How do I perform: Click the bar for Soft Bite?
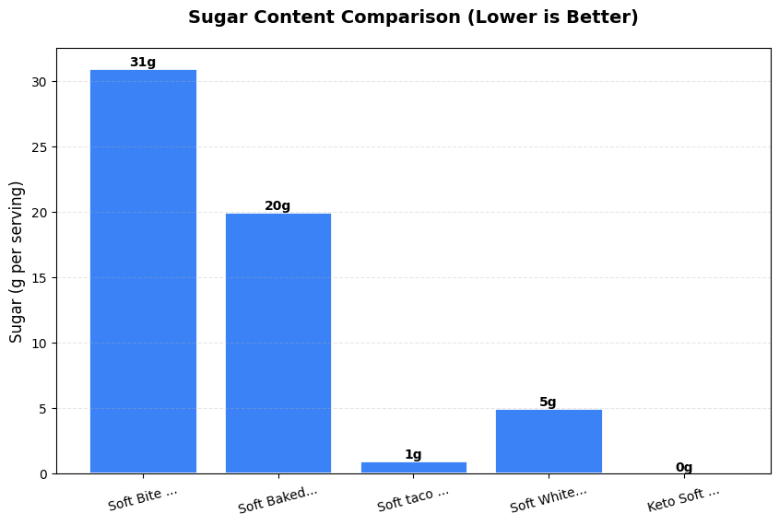click(143, 272)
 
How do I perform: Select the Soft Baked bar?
click(277, 343)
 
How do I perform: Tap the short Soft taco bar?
click(413, 468)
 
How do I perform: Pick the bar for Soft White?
click(549, 441)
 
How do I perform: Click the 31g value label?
click(143, 63)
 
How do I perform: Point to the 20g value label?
click(277, 206)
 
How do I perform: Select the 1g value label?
click(413, 455)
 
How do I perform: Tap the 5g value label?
click(549, 402)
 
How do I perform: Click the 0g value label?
click(684, 468)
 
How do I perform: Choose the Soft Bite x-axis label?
click(143, 498)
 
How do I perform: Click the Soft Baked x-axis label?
click(277, 499)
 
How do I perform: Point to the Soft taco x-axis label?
click(413, 499)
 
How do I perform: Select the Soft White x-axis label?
click(549, 499)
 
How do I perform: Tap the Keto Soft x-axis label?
click(684, 499)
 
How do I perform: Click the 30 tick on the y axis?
click(40, 82)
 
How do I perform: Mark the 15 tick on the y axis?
click(40, 278)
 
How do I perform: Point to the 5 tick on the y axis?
click(43, 409)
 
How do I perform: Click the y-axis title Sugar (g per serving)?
click(17, 262)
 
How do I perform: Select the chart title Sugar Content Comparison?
click(413, 17)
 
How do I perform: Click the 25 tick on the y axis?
click(40, 147)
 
